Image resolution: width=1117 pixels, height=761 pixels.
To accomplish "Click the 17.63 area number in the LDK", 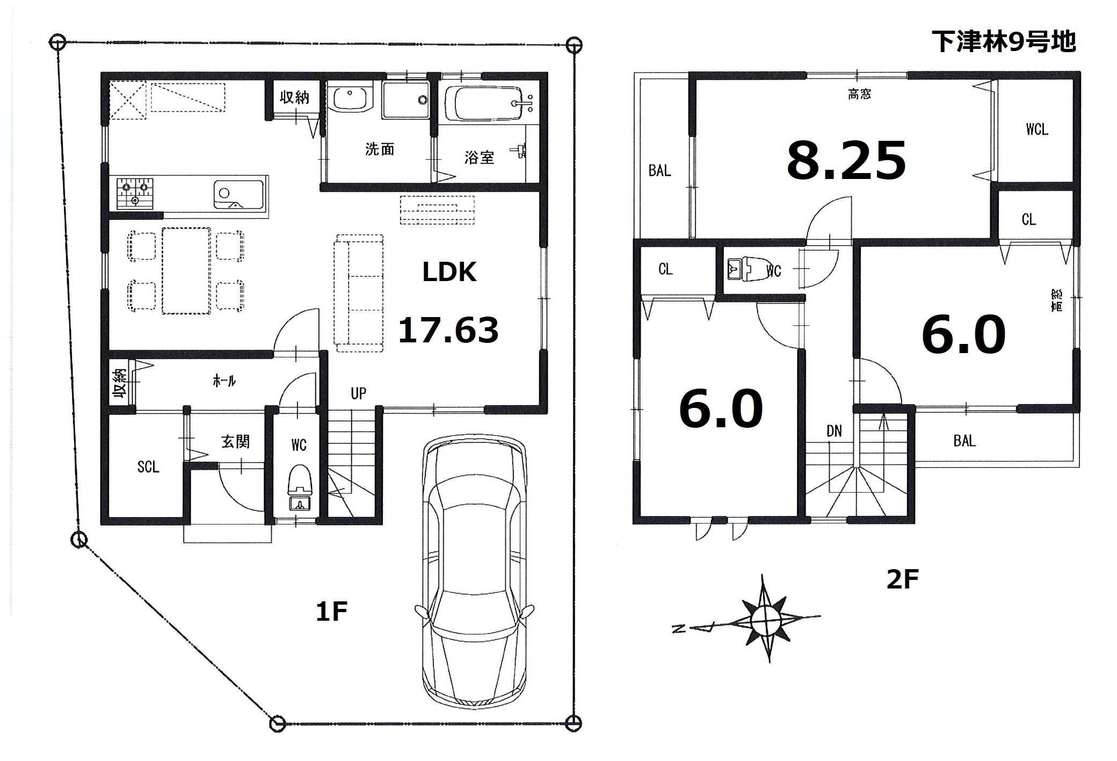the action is click(448, 329).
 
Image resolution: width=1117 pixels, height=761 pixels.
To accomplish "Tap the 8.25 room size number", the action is click(846, 160).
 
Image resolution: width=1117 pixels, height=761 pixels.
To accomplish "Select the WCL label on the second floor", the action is click(1036, 130).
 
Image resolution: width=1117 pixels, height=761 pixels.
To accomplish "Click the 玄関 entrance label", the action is click(235, 442).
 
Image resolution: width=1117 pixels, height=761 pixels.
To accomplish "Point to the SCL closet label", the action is click(148, 466).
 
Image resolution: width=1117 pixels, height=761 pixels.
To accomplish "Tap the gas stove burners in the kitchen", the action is click(135, 193).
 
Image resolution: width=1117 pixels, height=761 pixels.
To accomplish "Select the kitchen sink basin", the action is click(238, 194).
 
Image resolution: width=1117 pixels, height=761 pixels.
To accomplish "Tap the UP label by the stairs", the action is click(358, 393).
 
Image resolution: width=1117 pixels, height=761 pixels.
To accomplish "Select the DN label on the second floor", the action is click(834, 431).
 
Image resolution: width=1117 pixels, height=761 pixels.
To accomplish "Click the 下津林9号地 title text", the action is click(1004, 41).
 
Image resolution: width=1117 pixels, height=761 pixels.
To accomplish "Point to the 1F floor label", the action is click(331, 612).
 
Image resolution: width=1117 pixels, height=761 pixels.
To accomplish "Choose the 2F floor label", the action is click(902, 579).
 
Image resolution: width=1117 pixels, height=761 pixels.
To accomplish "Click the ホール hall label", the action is click(224, 381).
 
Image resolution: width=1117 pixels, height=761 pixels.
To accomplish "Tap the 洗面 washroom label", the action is click(380, 149).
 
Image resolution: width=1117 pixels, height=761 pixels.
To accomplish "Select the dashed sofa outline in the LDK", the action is click(359, 293).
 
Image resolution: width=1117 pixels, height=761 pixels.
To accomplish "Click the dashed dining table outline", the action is click(186, 271).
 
